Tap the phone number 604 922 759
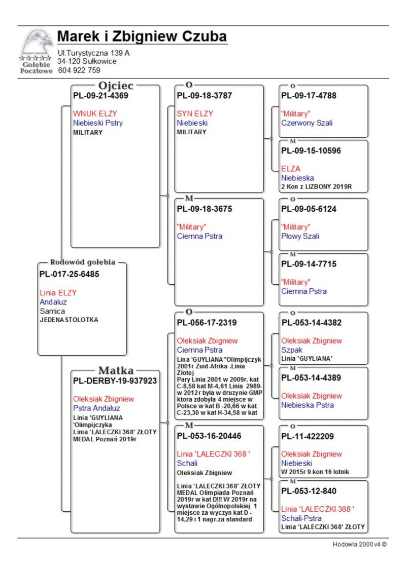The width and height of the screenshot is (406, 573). [79, 70]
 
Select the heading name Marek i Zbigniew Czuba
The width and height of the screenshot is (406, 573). [142, 37]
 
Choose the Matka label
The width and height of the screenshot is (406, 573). [116, 370]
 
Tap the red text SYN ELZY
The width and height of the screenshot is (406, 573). [195, 113]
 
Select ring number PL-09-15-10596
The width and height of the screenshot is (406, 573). [311, 150]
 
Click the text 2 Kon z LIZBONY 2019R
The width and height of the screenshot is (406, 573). [316, 187]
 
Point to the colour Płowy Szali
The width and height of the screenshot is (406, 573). [300, 236]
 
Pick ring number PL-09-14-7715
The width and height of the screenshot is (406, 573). [309, 264]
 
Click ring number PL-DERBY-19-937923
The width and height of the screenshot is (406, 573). [115, 380]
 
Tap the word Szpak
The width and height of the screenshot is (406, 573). [292, 350]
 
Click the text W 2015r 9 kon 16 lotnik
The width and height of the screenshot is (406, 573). [315, 472]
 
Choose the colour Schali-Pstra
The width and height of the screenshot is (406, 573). [301, 518]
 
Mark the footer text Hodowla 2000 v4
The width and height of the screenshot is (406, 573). [359, 544]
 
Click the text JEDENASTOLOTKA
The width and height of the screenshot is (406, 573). [69, 320]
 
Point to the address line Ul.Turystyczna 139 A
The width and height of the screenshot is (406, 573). [93, 53]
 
